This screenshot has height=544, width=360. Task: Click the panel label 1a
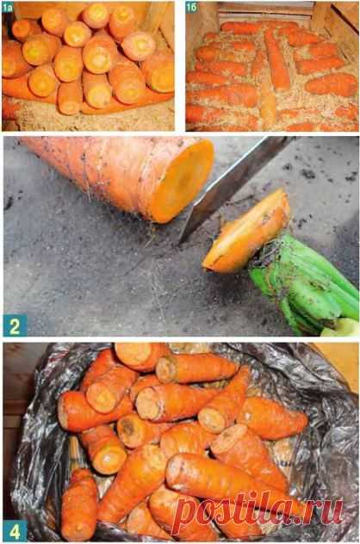(x=8, y=7)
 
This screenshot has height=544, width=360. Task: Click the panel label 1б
(x=191, y=7)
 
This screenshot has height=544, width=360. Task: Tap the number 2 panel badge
(x=16, y=325)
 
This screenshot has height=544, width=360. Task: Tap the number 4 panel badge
(x=15, y=530)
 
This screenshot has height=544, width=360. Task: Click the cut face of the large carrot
(x=183, y=182)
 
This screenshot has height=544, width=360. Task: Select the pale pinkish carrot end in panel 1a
(x=139, y=46)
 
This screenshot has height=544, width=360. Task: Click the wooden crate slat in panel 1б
(x=265, y=10)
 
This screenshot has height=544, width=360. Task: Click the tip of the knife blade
(x=180, y=242)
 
